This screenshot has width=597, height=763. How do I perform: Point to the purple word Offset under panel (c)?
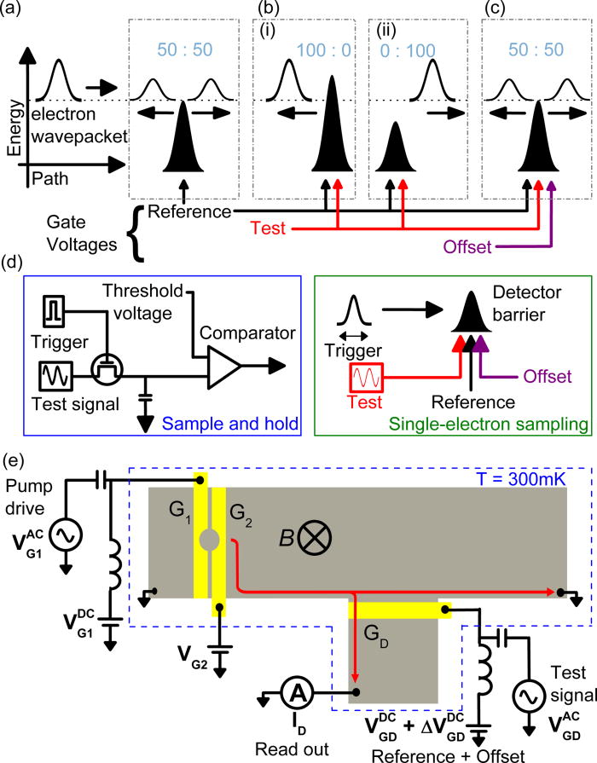[x=470, y=248]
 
